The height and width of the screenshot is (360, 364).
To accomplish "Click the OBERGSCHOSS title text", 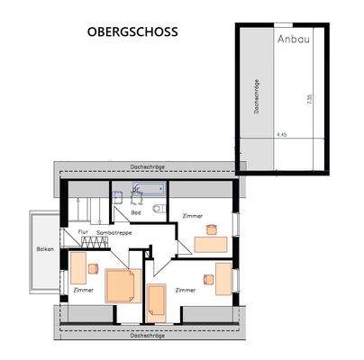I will pos(132,31).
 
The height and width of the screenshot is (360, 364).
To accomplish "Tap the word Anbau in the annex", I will pos(293,40).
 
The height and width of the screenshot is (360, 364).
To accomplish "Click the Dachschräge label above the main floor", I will pos(146,166).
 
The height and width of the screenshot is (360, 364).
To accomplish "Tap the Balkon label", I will pos(45,249).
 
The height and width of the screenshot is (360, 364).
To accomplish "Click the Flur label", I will pos(82,231).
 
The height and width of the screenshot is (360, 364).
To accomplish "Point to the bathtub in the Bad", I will pos(150,190).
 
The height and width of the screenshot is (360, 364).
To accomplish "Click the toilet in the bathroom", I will pos(159,209).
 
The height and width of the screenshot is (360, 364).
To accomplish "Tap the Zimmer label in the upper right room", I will pos(193,217).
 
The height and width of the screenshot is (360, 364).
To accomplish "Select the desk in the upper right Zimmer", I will pos(212,243).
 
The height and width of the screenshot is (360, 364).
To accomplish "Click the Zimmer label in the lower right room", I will pos(187,290).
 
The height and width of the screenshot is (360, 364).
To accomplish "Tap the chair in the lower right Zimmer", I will pos(208,279).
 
